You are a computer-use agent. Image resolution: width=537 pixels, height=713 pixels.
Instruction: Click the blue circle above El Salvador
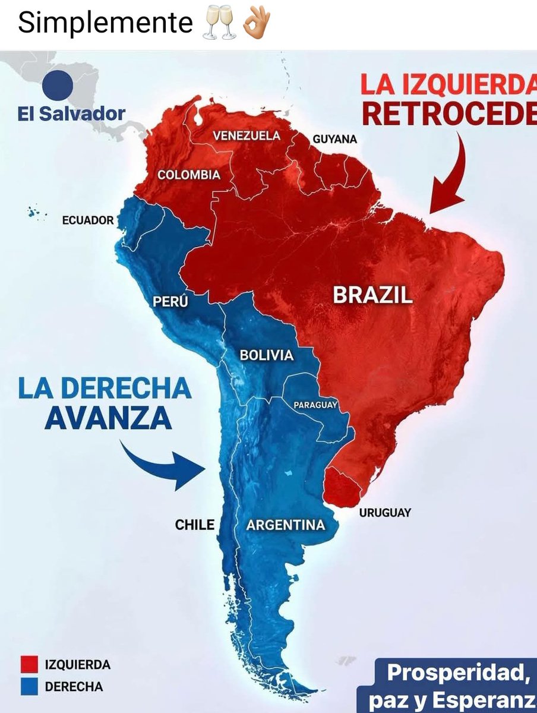58,85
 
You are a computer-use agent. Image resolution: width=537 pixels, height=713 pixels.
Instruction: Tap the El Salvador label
71,113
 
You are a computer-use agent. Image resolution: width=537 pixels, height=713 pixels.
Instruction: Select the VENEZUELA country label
247,135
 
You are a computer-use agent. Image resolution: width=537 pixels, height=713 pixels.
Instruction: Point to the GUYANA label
335,139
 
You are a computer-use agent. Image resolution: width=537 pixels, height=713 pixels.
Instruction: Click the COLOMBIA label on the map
189,175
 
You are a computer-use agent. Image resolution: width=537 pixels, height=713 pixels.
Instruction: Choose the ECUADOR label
88,220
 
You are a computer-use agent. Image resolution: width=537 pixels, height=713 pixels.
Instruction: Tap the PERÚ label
170,301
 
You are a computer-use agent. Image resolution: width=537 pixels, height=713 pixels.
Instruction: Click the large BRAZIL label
372,295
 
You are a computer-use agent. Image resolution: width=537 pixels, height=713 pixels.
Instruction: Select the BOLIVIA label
267,355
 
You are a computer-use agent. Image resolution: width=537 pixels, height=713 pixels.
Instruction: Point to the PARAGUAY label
315,405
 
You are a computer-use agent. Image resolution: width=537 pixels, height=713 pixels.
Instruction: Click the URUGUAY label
385,512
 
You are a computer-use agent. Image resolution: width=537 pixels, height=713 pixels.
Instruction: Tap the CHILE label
195,525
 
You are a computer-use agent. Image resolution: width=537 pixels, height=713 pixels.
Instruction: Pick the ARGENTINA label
286,525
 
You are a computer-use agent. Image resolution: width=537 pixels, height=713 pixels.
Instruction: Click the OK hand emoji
257,23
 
